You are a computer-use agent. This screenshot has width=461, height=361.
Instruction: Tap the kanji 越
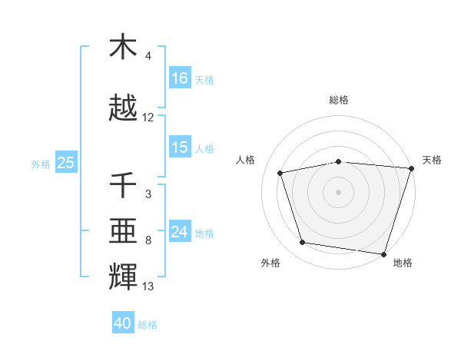tap(124, 108)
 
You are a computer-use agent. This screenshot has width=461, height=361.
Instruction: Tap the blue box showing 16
tap(180, 78)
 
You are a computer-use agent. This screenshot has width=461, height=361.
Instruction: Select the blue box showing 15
tap(180, 147)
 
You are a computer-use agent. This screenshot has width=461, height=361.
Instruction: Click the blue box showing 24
tap(180, 232)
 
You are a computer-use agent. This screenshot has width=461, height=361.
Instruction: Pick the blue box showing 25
tap(66, 163)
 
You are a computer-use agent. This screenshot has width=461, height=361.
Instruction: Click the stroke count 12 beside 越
tap(148, 118)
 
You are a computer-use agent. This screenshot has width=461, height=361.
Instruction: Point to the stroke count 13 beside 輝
tap(148, 286)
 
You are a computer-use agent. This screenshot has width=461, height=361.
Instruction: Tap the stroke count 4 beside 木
tap(148, 56)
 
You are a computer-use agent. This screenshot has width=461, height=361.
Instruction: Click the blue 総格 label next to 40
tap(148, 325)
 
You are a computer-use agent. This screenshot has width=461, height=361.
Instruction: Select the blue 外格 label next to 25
tap(41, 164)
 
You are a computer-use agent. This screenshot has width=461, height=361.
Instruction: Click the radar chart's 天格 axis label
tap(432, 160)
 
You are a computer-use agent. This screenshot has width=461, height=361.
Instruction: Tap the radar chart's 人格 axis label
tap(246, 160)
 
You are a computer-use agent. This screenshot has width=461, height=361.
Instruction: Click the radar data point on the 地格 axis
tap(383, 253)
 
